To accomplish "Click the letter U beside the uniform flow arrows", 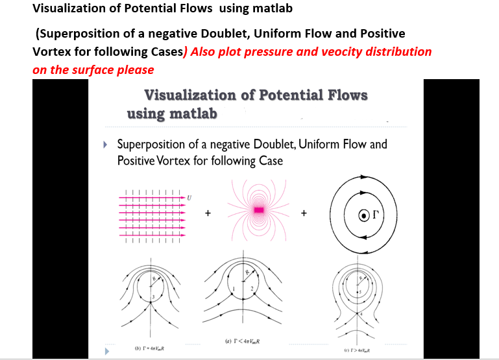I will [189, 197].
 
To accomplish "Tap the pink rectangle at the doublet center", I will [260, 210].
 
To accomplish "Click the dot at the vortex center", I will [363, 214].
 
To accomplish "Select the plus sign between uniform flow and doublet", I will [207, 212].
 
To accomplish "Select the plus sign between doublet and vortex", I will [303, 212].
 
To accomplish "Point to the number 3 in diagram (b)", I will [151, 298].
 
